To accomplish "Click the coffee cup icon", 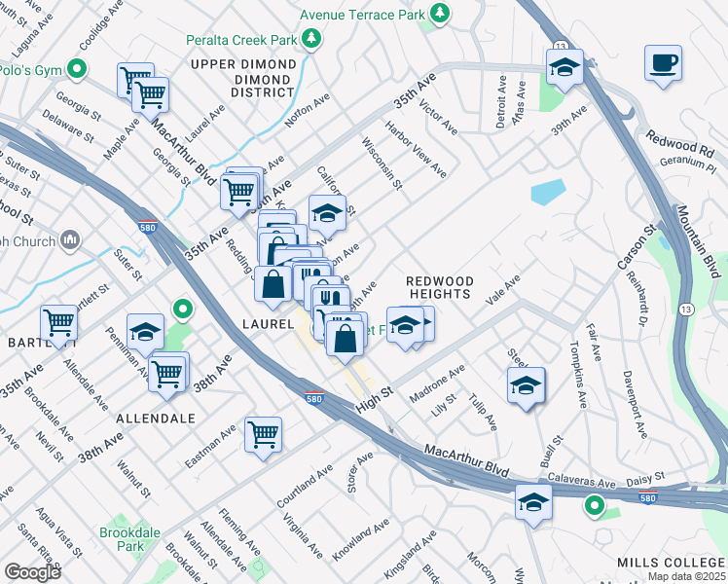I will tap(663, 63).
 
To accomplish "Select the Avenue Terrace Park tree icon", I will tap(441, 13).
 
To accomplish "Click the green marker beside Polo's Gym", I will tap(77, 69).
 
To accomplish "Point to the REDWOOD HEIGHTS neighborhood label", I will tap(439, 288).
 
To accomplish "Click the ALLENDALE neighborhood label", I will tap(156, 418).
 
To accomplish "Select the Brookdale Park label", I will tap(123, 540).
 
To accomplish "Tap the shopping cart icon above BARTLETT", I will tap(58, 324).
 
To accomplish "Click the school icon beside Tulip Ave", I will tap(526, 385).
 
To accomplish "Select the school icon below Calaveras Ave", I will tap(533, 502).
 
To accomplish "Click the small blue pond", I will tap(547, 192).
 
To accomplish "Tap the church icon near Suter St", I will tap(70, 239).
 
